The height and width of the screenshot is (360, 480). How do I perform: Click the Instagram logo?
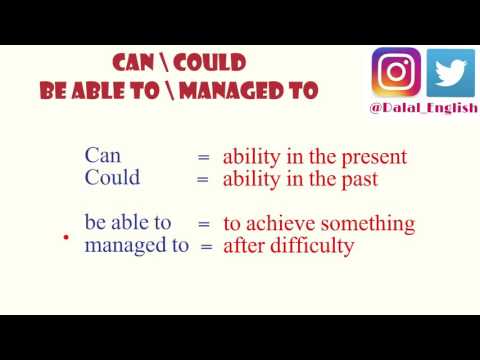click(397, 73)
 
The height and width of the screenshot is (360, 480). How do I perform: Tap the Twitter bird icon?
click(451, 73)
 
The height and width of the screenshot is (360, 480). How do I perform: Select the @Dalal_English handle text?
click(424, 107)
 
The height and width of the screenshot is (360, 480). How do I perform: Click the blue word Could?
click(113, 178)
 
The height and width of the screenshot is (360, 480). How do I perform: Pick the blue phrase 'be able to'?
click(128, 222)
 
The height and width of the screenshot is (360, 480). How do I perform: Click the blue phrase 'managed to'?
click(137, 244)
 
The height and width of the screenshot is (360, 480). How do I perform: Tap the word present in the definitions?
click(373, 157)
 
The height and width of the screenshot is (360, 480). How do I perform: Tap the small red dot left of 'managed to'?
click(66, 238)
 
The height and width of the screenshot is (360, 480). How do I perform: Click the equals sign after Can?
click(203, 157)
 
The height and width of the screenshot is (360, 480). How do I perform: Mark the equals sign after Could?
click(203, 180)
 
